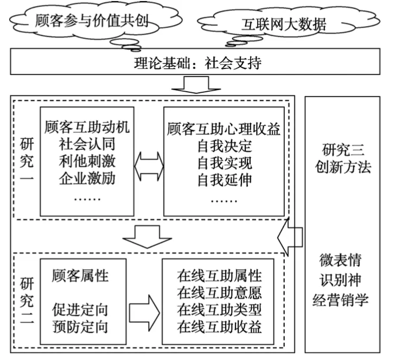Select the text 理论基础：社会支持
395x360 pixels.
[x=197, y=64]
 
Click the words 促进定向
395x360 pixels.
[x=80, y=310]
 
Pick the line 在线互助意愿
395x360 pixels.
[x=219, y=293]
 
